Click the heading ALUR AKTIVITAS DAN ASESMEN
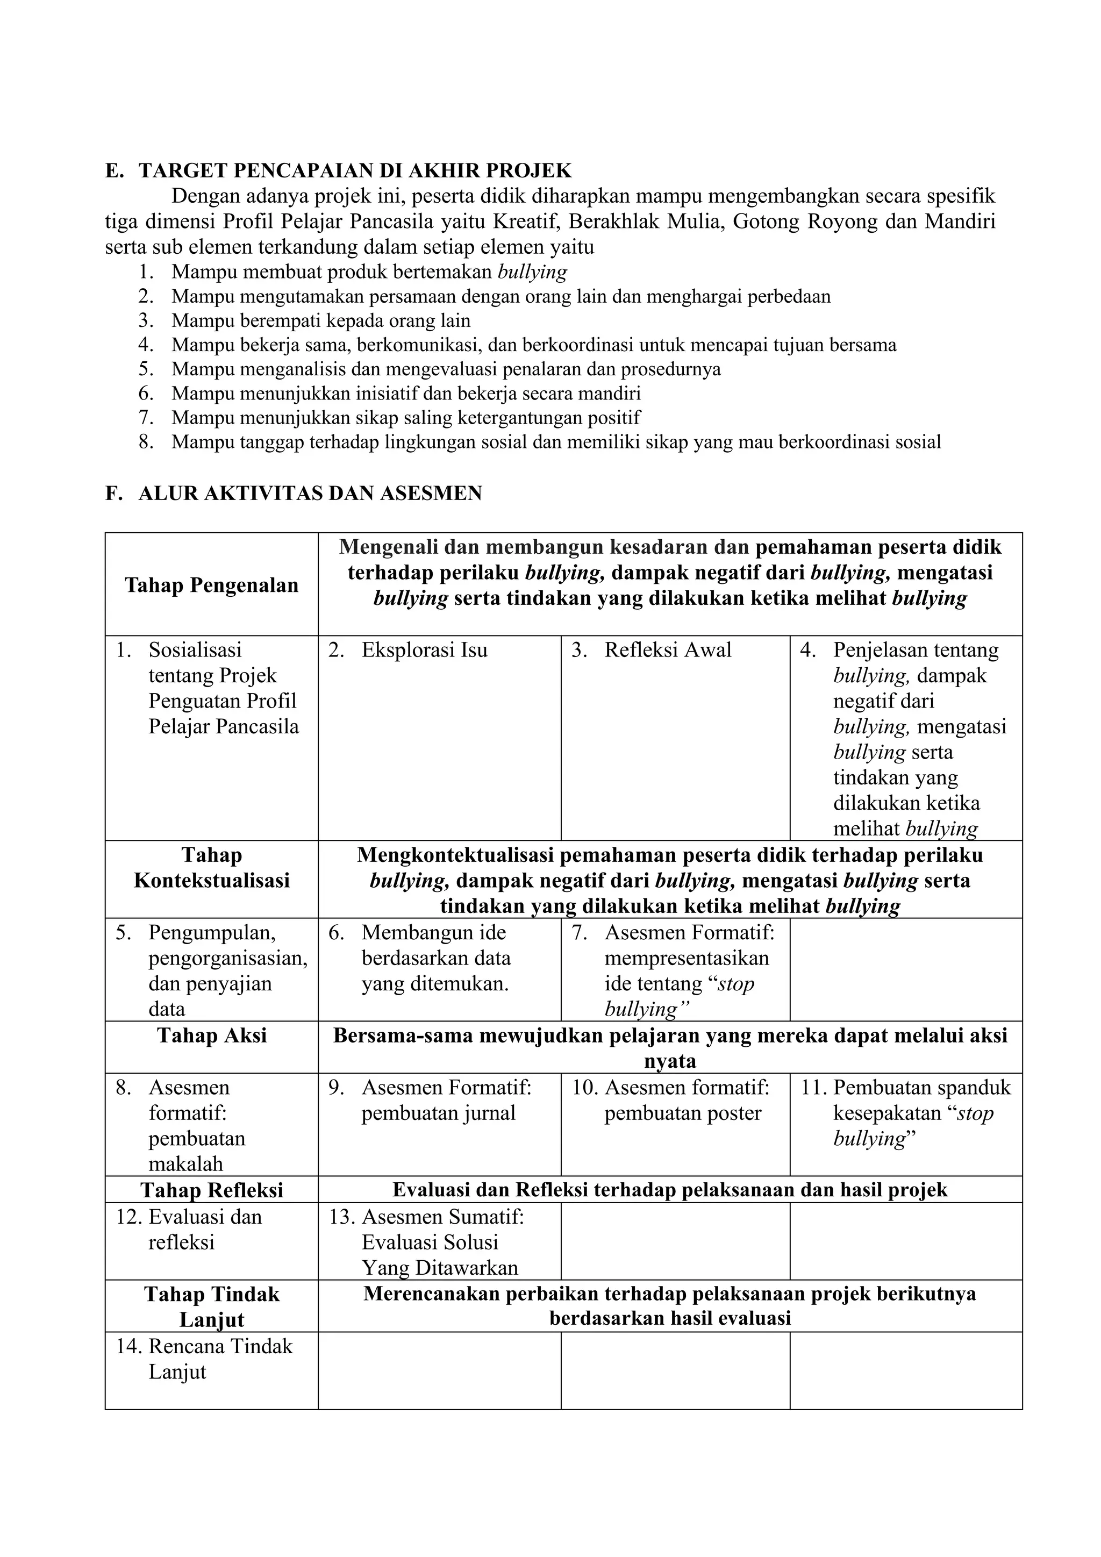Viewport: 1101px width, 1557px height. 310,493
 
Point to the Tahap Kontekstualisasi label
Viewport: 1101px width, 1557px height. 211,868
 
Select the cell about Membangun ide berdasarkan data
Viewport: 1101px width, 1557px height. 436,958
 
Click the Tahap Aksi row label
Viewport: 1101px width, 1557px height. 211,1035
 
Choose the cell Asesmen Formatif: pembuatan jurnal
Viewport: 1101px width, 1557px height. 446,1100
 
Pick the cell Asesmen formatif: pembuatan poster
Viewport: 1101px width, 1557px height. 686,1100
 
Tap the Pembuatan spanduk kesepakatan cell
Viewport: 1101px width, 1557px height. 921,1113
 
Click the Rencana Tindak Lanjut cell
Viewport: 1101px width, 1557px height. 220,1358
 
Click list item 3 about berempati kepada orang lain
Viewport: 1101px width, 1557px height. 320,320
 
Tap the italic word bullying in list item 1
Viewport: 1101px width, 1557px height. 532,272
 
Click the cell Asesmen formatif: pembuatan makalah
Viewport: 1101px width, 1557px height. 197,1126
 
